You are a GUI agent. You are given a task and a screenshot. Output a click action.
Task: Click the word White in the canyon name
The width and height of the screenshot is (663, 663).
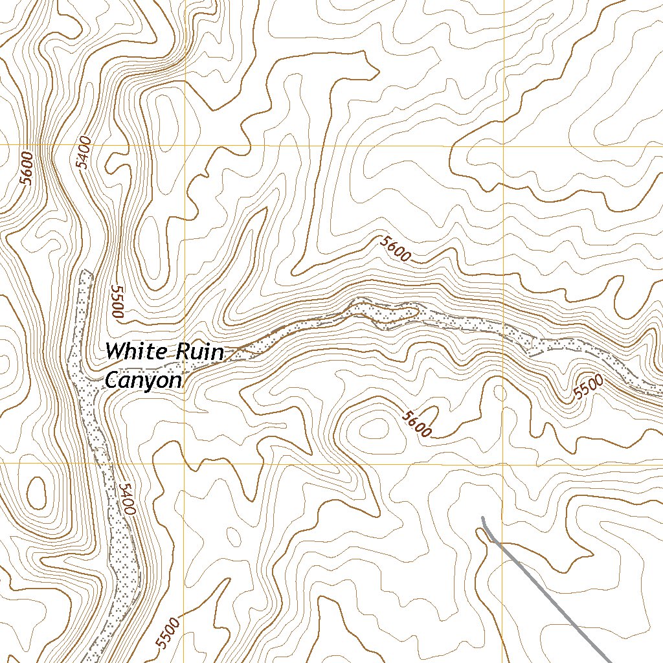[x=134, y=352]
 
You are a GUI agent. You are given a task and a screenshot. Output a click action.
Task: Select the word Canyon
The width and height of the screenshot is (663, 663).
[x=143, y=381]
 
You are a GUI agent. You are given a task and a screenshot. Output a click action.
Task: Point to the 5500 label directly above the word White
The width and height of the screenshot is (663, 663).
[x=117, y=302]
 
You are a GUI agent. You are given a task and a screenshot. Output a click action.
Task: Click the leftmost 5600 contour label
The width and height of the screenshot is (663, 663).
[x=26, y=168]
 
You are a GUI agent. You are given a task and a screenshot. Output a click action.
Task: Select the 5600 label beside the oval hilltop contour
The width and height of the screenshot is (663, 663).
[x=416, y=424]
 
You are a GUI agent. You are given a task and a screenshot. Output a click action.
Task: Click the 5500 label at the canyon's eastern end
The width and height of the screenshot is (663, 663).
[x=590, y=387]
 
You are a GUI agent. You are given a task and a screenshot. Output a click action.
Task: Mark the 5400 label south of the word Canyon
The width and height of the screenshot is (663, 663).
[x=127, y=499]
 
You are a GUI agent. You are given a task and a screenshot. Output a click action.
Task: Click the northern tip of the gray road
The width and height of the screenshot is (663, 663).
[x=482, y=517]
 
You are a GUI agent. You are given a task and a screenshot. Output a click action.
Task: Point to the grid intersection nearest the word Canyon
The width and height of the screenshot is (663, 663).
[x=185, y=464]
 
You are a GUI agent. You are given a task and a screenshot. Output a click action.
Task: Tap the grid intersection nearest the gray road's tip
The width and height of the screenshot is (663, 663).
[x=504, y=464]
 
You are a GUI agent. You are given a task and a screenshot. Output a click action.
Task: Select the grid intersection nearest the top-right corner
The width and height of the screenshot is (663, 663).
[x=504, y=146]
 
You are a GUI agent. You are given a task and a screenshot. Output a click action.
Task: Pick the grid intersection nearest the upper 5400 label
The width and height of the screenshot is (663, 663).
[x=185, y=146]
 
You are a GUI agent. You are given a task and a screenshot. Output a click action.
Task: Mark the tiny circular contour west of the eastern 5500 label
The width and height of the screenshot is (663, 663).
[x=500, y=392]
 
